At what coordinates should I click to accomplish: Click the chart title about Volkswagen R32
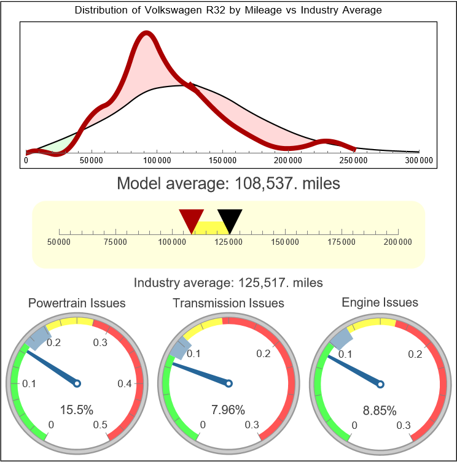(228, 10)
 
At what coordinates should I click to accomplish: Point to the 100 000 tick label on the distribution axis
(157, 161)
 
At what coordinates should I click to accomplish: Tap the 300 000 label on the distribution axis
(420, 161)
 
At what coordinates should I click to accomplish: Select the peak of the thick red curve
(146, 34)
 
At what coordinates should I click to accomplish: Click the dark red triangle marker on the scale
(191, 220)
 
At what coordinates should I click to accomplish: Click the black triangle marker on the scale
(230, 220)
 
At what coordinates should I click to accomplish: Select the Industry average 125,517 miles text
(228, 283)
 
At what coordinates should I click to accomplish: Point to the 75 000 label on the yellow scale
(115, 242)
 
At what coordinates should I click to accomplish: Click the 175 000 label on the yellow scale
(342, 242)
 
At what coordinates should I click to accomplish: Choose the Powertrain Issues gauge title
(77, 303)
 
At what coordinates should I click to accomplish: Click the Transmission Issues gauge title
(228, 303)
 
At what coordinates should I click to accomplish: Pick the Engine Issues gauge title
(380, 302)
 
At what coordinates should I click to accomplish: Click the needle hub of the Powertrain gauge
(77, 383)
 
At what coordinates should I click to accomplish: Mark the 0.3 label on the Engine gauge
(403, 425)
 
